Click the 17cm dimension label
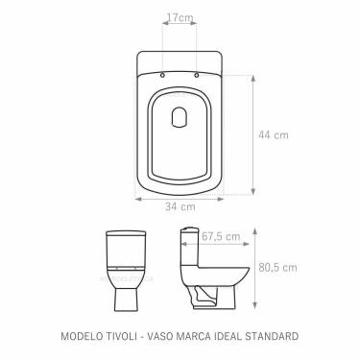coord(178,17)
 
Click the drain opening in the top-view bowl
coord(179,118)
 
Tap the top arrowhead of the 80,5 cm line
coord(255,228)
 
